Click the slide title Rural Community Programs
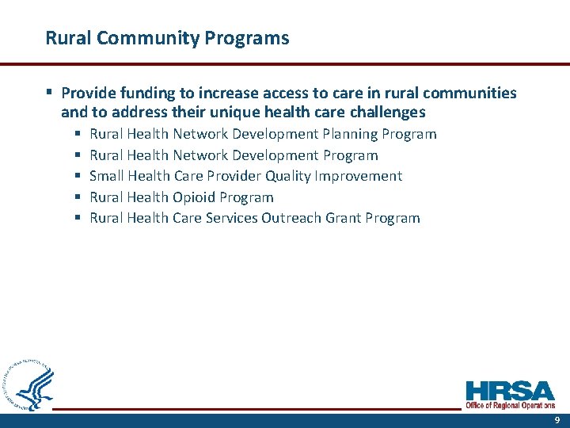pos(167,37)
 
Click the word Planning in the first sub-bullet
pos(351,134)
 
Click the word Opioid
pos(194,197)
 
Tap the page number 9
pos(557,420)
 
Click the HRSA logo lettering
pos(510,392)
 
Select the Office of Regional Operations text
pos(510,405)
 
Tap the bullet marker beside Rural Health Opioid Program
pos(78,197)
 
